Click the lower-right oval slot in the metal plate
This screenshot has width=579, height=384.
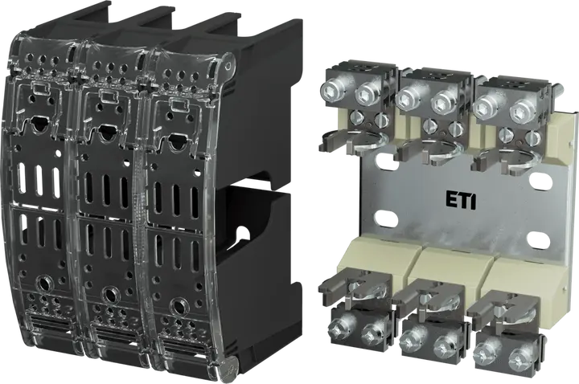(539, 239)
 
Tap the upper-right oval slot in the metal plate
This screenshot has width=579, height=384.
(540, 181)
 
